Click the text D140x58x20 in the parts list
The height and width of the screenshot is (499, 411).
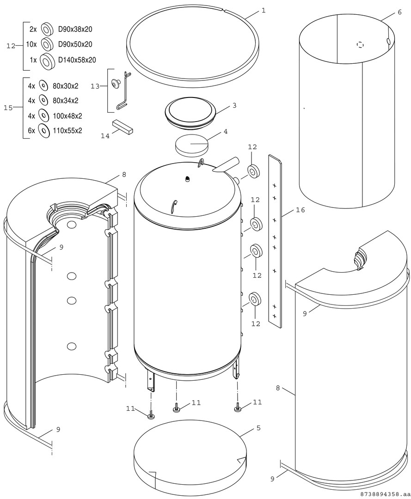[77, 60]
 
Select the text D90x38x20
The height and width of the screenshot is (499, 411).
[75, 29]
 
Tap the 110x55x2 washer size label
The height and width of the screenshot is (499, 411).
[67, 131]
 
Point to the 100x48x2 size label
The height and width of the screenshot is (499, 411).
[67, 116]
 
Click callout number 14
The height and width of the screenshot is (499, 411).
[105, 136]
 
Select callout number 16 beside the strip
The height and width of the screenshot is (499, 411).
[300, 211]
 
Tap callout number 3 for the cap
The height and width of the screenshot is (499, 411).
[234, 105]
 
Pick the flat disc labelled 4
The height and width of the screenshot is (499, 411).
[191, 146]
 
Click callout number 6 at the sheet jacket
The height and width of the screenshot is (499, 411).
[399, 12]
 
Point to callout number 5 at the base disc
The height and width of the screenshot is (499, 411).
[258, 428]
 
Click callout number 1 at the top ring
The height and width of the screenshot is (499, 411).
[263, 10]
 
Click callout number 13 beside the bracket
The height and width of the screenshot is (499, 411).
[95, 86]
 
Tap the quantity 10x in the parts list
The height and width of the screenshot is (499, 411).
[31, 44]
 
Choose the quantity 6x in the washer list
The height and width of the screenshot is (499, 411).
[31, 131]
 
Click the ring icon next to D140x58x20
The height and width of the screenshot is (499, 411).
[46, 60]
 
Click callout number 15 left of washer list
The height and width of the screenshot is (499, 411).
[8, 108]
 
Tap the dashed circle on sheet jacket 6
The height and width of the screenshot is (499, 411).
[361, 45]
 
